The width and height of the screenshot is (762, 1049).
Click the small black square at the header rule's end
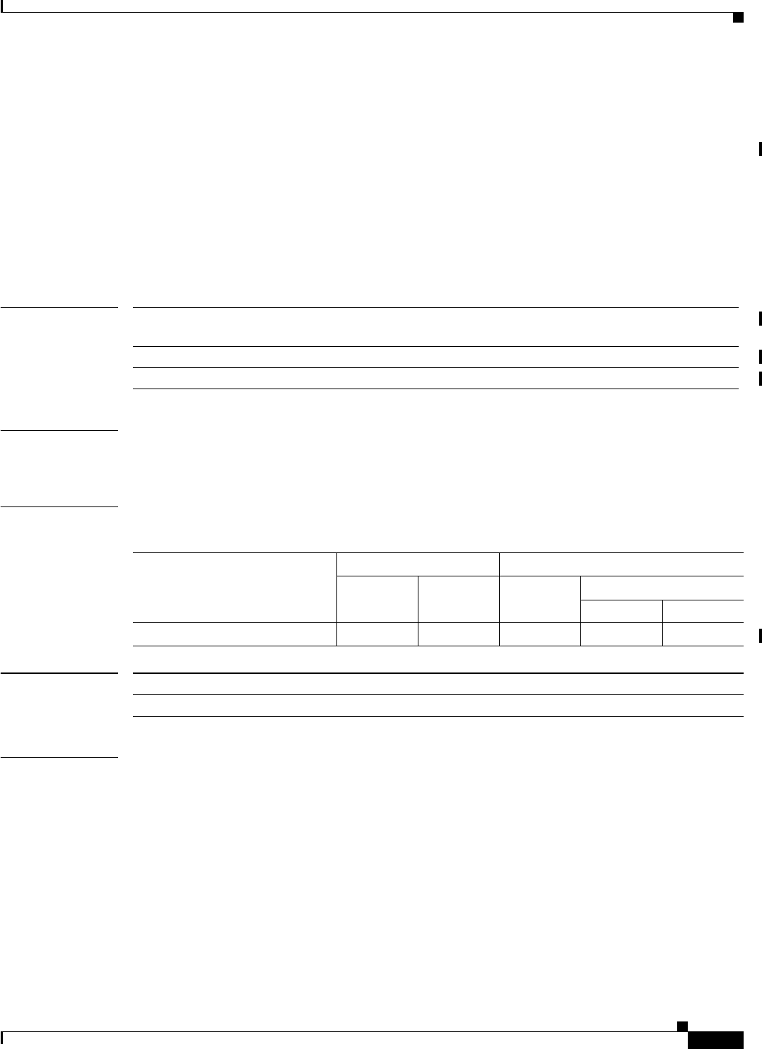tap(737, 17)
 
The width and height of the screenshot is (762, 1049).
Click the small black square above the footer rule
tap(681, 1025)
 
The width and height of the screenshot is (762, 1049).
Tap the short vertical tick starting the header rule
tap(2, 6)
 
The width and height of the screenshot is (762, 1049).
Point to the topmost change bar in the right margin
tap(760, 149)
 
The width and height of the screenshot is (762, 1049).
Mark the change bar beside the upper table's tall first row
tap(760, 317)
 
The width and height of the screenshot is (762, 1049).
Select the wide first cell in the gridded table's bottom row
tap(235, 634)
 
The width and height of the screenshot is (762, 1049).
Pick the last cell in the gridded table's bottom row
tap(703, 634)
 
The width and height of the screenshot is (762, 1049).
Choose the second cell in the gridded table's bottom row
tap(377, 634)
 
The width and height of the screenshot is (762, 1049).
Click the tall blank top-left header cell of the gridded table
tap(235, 587)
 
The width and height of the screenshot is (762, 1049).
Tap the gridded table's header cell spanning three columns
tap(621, 564)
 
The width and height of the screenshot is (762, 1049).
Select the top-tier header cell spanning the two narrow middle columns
tap(418, 564)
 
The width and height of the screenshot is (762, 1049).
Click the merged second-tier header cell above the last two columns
tap(662, 588)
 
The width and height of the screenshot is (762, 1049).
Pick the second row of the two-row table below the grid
tap(438, 706)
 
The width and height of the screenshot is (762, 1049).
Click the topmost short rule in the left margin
tap(59, 307)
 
